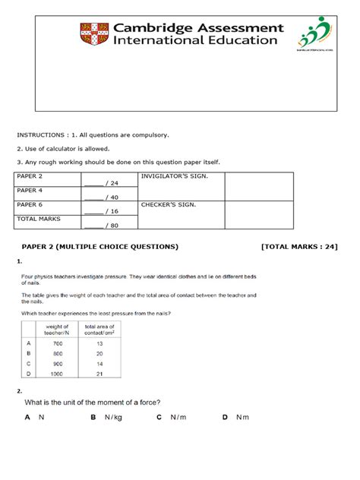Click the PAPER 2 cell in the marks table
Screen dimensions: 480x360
click(30, 176)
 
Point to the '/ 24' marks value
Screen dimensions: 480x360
click(112, 184)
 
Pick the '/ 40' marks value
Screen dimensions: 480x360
click(112, 197)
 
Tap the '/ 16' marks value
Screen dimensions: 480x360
click(112, 211)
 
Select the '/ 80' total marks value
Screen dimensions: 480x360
click(112, 226)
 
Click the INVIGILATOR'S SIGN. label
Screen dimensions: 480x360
click(175, 176)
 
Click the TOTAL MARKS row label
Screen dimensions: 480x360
click(39, 219)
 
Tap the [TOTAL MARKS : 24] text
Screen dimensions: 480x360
click(298, 246)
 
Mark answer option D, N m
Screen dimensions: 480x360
click(235, 417)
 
